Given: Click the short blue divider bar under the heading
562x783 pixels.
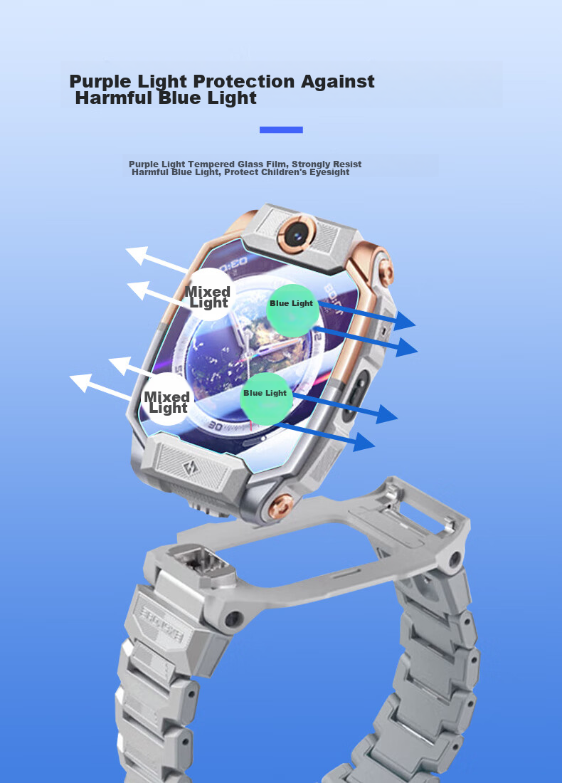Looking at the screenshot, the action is coord(281,130).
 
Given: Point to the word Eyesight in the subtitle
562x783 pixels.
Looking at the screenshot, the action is coord(329,172).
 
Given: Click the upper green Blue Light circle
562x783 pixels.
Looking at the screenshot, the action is coord(292,310).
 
